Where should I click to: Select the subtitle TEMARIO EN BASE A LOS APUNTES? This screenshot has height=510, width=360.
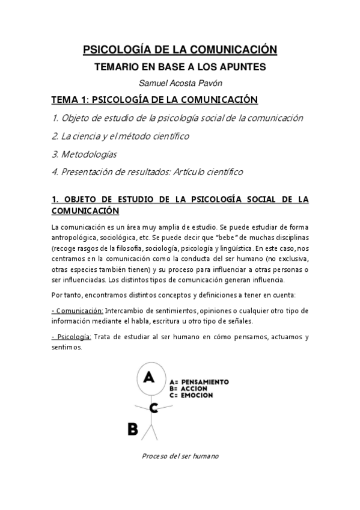[x=180, y=68]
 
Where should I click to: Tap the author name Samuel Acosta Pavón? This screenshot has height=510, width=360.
[x=180, y=84]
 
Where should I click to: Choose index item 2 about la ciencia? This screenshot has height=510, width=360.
[x=120, y=136]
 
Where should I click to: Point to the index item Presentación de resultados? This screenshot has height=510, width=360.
[x=147, y=172]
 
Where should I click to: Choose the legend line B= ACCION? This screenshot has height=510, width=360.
[x=192, y=389]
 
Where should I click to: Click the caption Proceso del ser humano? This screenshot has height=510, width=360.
[x=180, y=456]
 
